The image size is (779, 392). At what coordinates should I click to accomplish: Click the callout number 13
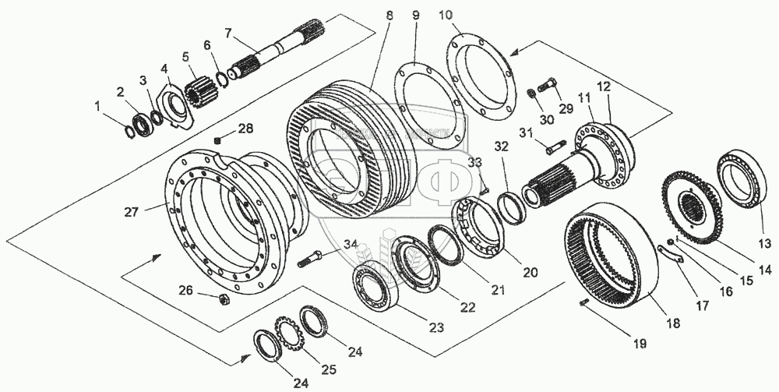[x=765, y=231]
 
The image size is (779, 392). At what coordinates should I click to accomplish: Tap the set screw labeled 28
[x=219, y=140]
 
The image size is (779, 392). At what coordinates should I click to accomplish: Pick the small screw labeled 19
[x=585, y=303]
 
